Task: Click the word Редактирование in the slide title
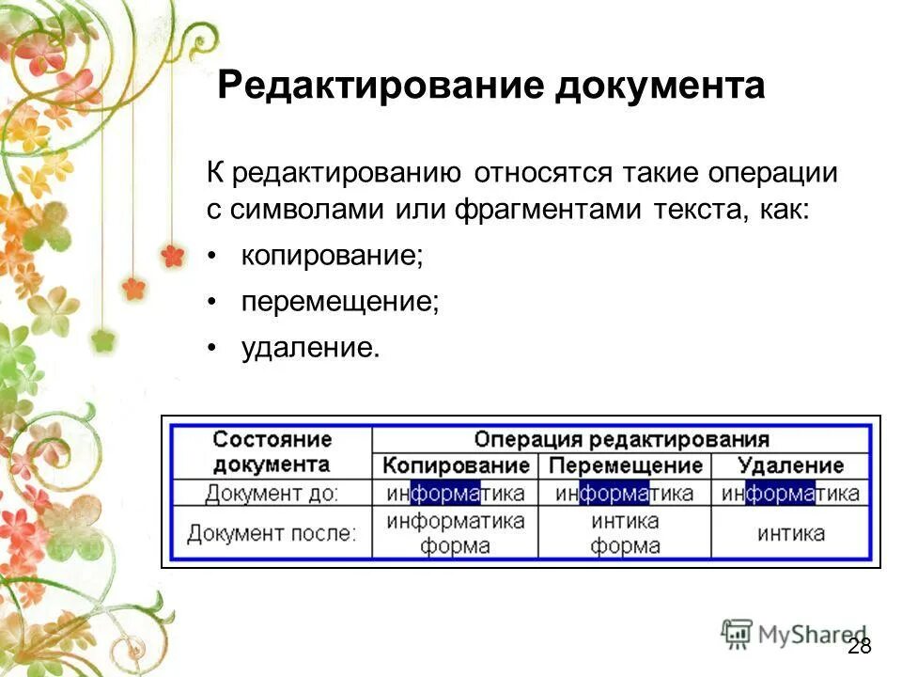(380, 87)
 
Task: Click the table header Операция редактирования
(621, 439)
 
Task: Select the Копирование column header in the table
(456, 465)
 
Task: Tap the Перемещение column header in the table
(625, 465)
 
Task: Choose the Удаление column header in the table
(790, 465)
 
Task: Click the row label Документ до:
(272, 493)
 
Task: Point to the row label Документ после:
(272, 533)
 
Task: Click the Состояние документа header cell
(272, 451)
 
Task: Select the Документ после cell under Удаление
(790, 533)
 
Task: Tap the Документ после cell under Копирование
(456, 533)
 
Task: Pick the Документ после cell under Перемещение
(625, 533)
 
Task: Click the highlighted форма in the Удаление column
(780, 493)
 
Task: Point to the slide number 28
(859, 646)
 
